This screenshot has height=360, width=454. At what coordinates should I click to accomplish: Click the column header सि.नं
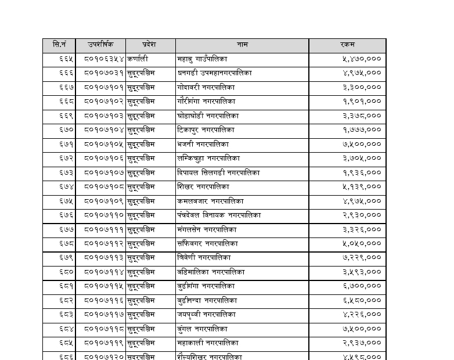click(x=60, y=45)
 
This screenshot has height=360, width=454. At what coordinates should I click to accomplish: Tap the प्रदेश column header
click(x=149, y=45)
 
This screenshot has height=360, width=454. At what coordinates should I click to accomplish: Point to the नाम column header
click(x=242, y=45)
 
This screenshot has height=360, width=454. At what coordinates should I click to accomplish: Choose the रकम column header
click(x=347, y=45)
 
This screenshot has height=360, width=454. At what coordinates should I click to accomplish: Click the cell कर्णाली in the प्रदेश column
click(x=138, y=59)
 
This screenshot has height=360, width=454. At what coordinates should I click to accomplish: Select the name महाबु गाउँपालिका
click(x=203, y=59)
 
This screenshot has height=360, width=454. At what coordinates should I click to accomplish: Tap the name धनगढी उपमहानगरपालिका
click(x=214, y=73)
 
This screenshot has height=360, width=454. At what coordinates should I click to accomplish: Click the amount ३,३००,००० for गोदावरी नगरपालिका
click(x=362, y=87)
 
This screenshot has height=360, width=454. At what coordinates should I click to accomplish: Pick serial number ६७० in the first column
click(x=66, y=130)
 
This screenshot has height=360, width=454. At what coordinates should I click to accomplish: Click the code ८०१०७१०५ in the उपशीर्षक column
click(x=104, y=144)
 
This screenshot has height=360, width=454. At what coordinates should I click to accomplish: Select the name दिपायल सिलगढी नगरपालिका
click(x=218, y=172)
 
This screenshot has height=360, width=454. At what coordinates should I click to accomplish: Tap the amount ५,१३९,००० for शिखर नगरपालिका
click(x=362, y=187)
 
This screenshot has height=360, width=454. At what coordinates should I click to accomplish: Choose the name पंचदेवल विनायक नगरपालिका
click(x=219, y=215)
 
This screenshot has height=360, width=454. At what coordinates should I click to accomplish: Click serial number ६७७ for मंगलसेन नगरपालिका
click(x=66, y=229)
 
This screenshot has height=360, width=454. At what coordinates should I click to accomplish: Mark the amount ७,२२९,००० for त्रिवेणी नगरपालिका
click(x=362, y=258)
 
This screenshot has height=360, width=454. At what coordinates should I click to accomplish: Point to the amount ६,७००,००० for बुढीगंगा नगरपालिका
click(x=362, y=286)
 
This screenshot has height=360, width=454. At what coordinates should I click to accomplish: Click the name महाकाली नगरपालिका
click(x=207, y=343)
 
